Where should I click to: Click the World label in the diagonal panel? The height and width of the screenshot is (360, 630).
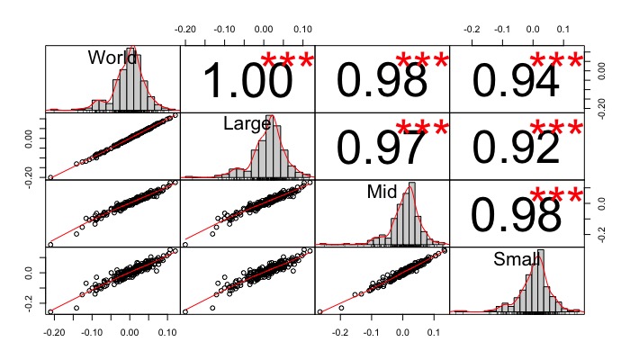click(x=112, y=58)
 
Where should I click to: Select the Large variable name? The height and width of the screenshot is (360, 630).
click(x=247, y=124)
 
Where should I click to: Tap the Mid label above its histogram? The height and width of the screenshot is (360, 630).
click(x=382, y=192)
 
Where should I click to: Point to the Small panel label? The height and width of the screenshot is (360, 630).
click(x=517, y=259)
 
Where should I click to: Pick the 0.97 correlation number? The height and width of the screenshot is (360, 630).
click(x=382, y=148)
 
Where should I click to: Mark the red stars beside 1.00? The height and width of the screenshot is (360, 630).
click(x=287, y=62)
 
